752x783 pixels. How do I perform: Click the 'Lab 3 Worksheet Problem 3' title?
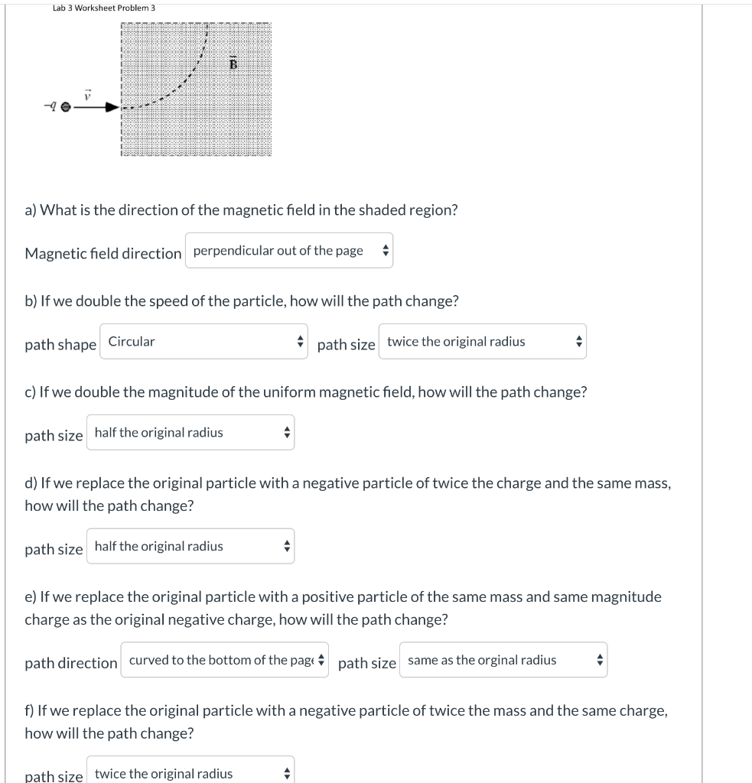[93, 8]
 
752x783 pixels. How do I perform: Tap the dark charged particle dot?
[65, 109]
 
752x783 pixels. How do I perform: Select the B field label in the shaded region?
[234, 63]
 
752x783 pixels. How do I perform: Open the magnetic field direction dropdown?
[288, 251]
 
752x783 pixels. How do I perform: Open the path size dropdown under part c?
[190, 433]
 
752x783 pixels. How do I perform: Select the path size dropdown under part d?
[190, 547]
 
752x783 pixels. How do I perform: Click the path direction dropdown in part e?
[224, 660]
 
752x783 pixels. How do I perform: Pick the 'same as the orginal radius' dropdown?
[503, 660]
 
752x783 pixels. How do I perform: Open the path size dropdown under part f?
[190, 773]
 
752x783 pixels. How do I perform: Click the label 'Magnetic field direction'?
[103, 253]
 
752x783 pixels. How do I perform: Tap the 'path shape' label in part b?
[60, 345]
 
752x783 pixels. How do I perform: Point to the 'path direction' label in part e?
[71, 663]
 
